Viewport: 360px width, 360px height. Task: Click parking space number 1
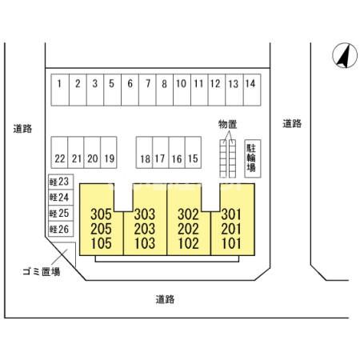click(60, 90)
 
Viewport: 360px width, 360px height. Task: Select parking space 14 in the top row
click(252, 90)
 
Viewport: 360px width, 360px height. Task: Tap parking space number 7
click(147, 90)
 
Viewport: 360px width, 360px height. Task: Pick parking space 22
click(59, 153)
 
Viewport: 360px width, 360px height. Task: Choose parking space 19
click(109, 153)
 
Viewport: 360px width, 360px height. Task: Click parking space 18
click(144, 153)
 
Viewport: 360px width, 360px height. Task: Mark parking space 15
click(193, 153)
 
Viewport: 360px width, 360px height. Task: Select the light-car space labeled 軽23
click(61, 182)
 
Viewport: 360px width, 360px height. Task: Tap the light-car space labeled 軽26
click(61, 229)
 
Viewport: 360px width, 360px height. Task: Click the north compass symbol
click(345, 55)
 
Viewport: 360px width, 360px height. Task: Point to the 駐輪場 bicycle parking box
click(253, 158)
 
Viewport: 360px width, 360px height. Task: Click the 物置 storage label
click(227, 124)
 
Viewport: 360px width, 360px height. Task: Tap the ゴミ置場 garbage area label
click(42, 272)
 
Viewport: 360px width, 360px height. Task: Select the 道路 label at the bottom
click(165, 299)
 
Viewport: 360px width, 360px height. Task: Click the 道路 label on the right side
click(292, 123)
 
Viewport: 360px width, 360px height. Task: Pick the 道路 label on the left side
click(22, 129)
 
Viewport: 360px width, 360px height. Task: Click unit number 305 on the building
click(101, 214)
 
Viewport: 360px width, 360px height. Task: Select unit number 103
click(145, 243)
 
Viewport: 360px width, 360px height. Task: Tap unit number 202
click(188, 229)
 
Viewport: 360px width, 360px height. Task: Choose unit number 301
click(231, 214)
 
